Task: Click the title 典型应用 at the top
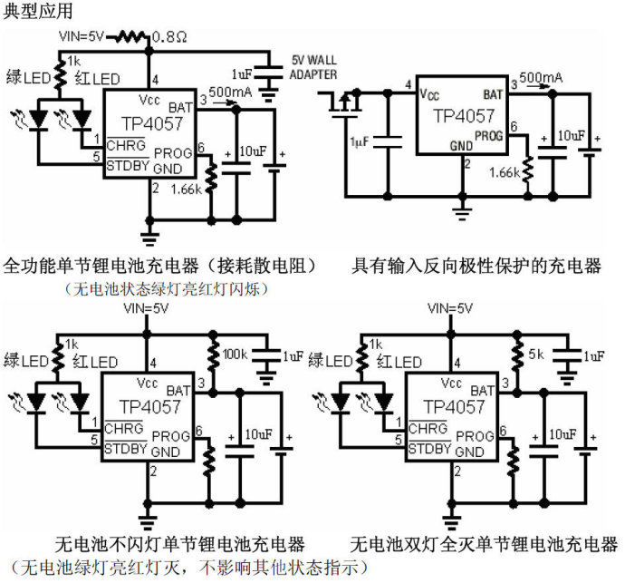coord(34,12)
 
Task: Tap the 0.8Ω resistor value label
coord(169,37)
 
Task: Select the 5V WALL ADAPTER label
coord(313,67)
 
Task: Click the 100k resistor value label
coord(236,353)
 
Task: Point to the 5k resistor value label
coord(537,353)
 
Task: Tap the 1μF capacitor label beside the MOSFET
coord(360,141)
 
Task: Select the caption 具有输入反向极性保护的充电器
coord(476,266)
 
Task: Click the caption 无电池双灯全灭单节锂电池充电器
coord(484,544)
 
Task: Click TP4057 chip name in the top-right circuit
coord(464,116)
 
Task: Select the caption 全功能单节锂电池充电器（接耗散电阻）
coord(159,266)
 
